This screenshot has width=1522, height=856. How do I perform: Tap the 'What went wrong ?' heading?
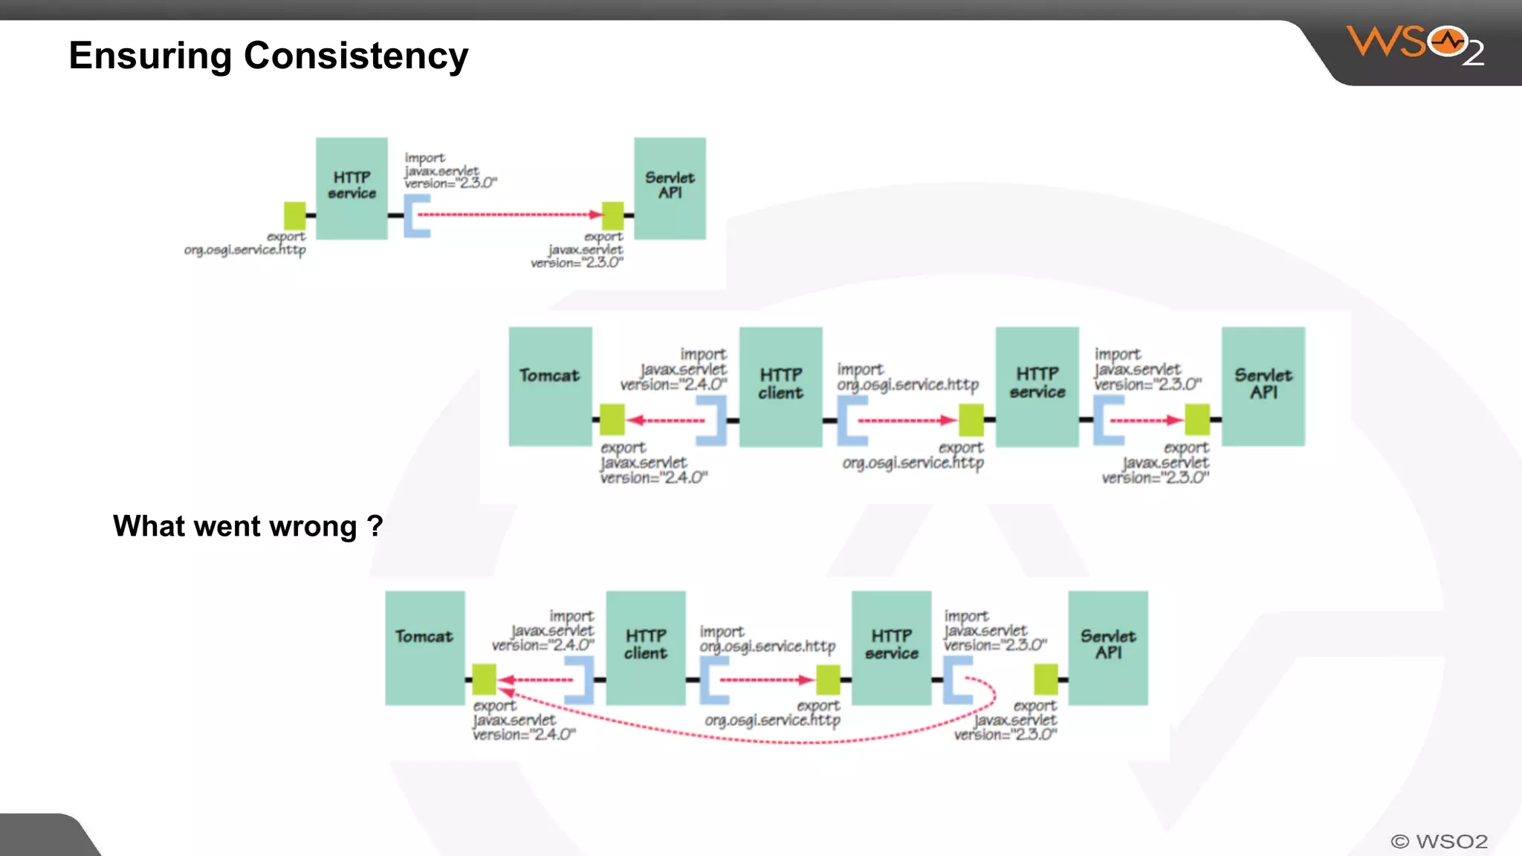(x=247, y=526)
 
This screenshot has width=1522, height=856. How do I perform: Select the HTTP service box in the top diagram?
(x=352, y=187)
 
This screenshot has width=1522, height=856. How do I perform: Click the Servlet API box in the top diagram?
(x=670, y=187)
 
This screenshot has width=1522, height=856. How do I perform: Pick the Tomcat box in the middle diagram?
(x=550, y=385)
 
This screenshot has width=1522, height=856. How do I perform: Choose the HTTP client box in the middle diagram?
(x=780, y=385)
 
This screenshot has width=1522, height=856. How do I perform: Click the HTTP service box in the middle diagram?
(x=1037, y=385)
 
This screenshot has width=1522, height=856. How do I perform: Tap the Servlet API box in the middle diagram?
(x=1263, y=385)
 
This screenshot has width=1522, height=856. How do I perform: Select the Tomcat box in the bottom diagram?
(x=424, y=646)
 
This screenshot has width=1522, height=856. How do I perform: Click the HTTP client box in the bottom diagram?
(x=645, y=646)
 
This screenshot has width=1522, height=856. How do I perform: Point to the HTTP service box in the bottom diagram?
(x=891, y=646)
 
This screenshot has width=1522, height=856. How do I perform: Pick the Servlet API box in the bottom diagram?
(x=1107, y=646)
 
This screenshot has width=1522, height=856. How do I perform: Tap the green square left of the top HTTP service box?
(x=295, y=215)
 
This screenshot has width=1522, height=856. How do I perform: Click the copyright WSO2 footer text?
(x=1439, y=841)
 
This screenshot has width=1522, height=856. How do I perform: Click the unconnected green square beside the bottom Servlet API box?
(x=1046, y=679)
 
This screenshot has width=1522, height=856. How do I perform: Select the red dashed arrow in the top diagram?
(x=509, y=215)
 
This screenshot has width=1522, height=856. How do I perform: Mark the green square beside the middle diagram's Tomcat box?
(x=612, y=420)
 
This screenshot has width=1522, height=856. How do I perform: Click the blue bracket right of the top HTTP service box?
(x=417, y=215)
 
